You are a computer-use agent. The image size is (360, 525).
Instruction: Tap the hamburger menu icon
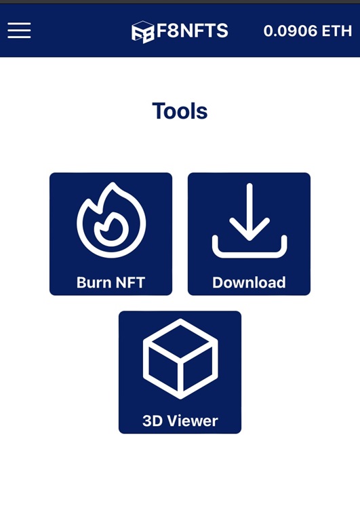point(19,31)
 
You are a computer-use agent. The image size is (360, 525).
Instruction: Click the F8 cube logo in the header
point(143,32)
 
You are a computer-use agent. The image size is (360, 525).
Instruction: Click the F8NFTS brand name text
point(193,31)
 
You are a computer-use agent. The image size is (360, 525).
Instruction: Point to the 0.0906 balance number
point(290,31)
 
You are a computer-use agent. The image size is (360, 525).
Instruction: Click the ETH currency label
point(337,31)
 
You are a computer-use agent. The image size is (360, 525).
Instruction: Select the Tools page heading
point(180,111)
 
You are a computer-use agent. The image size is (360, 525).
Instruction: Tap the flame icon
point(111,220)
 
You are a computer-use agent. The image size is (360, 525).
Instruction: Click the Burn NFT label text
point(111,282)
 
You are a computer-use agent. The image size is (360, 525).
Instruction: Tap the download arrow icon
point(249,220)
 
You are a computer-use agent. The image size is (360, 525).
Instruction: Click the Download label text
point(249,282)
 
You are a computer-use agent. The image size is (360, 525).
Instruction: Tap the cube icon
point(180,359)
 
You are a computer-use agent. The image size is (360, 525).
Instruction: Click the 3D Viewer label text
point(180,421)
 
